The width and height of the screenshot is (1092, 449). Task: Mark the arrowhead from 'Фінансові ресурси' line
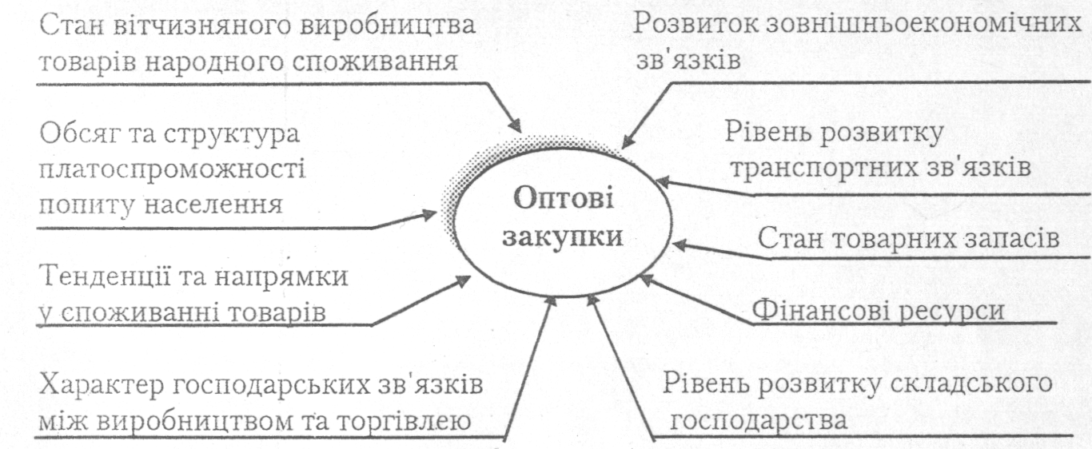[x=649, y=280]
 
